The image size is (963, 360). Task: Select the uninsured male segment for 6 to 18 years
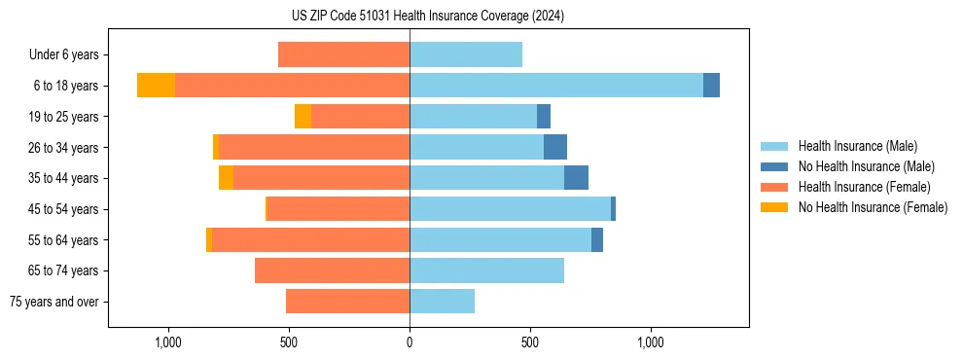(x=711, y=86)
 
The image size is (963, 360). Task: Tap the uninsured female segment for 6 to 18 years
(x=156, y=86)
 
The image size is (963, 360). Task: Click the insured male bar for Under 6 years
(x=466, y=54)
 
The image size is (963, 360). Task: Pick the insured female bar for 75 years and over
(x=347, y=302)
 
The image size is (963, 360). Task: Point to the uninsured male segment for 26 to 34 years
(x=555, y=147)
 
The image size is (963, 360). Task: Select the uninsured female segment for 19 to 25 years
(x=303, y=117)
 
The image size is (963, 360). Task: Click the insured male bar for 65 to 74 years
(x=486, y=270)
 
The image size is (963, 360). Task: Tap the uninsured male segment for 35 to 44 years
(x=576, y=178)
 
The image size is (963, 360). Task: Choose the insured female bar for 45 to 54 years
(x=338, y=209)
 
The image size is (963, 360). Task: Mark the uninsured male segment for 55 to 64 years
(x=597, y=239)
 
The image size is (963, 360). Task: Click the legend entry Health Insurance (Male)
(x=857, y=146)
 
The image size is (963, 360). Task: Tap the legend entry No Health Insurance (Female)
(x=873, y=207)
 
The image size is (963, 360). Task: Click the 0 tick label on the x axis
(x=410, y=342)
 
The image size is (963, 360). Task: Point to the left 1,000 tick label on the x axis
(x=168, y=342)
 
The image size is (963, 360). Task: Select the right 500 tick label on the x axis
(x=530, y=342)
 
